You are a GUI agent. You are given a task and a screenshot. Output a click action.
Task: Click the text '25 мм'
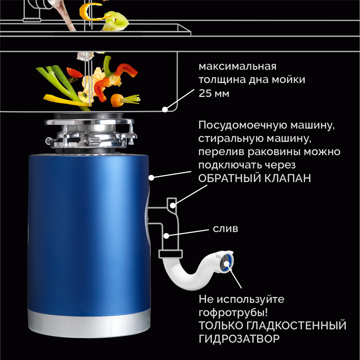[214, 94]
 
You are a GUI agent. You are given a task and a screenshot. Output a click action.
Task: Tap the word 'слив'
[225, 229]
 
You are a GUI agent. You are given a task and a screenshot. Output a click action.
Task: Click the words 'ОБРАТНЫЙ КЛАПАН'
[255, 178]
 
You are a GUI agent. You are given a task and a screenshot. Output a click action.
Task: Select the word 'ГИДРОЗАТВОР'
[239, 339]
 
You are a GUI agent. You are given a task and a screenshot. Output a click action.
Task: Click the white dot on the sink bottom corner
[165, 109]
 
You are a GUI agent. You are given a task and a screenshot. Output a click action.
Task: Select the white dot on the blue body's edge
[152, 177]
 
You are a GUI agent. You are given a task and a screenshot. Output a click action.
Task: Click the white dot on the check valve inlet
[173, 205]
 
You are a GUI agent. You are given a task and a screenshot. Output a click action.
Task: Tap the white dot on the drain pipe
[166, 235]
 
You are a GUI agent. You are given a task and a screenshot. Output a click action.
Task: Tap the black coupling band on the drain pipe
[171, 254]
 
